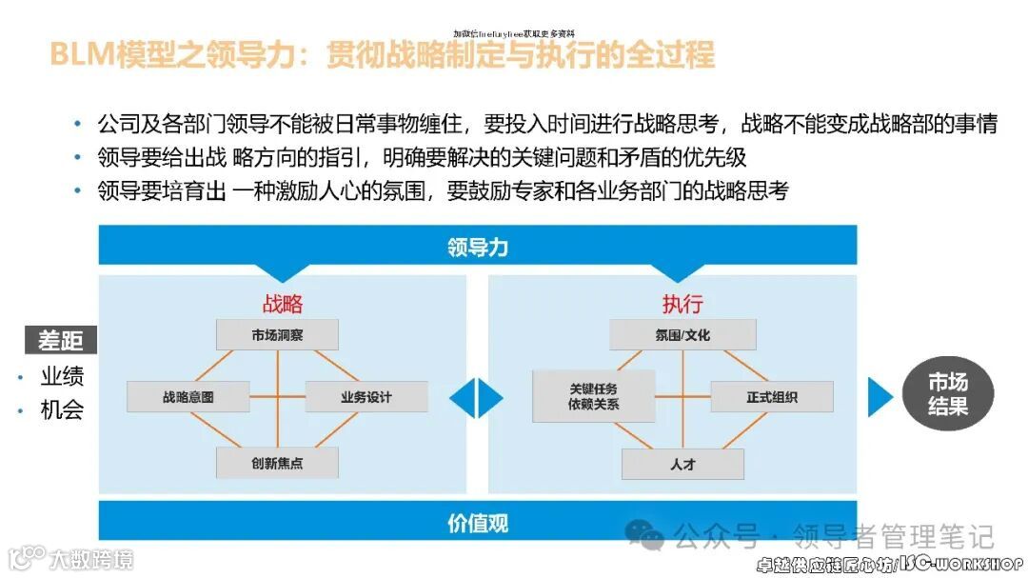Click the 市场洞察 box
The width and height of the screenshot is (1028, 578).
point(278,335)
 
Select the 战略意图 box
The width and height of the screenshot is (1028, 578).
point(188,397)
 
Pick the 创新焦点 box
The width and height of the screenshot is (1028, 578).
point(278,463)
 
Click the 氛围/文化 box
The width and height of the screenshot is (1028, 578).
point(682,335)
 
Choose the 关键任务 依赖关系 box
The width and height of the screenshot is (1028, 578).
point(594,396)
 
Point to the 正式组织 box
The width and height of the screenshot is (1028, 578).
point(772,397)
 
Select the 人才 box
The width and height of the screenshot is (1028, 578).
point(682,464)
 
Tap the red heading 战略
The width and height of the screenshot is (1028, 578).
point(283,304)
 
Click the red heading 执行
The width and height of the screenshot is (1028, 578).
point(682,304)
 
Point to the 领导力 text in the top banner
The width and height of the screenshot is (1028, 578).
point(478,248)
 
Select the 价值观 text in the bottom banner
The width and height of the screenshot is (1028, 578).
point(478,523)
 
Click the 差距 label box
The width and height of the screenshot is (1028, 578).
point(60,340)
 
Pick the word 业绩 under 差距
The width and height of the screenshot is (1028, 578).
point(62,376)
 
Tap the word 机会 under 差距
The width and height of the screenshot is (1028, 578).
point(62,410)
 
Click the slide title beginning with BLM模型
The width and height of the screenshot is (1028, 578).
point(381,56)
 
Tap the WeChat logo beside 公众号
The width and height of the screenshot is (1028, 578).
point(650,537)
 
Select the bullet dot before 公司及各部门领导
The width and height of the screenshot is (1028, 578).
point(78,125)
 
